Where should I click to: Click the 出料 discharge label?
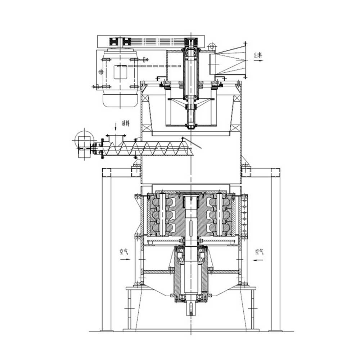pyautogui.click(x=258, y=55)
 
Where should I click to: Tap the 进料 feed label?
pyautogui.click(x=126, y=124)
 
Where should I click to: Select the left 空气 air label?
pyautogui.click(x=123, y=252)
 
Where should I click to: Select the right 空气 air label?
pyautogui.click(x=259, y=252)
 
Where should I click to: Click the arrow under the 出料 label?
pyautogui.click(x=258, y=60)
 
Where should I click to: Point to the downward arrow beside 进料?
pyautogui.click(x=116, y=126)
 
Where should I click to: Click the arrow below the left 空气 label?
pyautogui.click(x=125, y=260)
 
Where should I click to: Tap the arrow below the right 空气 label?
pyautogui.click(x=258, y=260)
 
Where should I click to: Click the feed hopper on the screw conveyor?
pyautogui.click(x=116, y=138)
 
